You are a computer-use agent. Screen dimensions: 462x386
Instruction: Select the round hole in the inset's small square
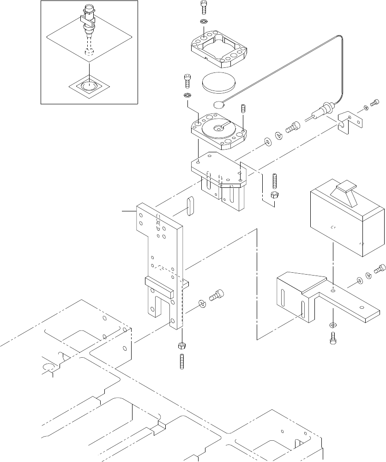point(90,85)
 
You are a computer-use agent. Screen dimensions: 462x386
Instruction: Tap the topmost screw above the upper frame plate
point(204,8)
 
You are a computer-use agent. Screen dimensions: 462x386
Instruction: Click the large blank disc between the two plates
point(218,83)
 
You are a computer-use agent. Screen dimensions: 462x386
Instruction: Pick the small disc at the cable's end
point(220,104)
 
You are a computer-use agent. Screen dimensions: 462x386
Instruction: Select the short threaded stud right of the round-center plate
point(243,111)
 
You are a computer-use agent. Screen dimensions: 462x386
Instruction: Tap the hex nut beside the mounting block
point(273,195)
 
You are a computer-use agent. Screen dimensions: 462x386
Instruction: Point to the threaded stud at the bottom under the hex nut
point(181,361)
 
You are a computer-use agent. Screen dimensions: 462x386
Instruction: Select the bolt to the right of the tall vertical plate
point(217,295)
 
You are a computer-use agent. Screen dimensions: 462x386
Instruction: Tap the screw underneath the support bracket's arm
point(333,339)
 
